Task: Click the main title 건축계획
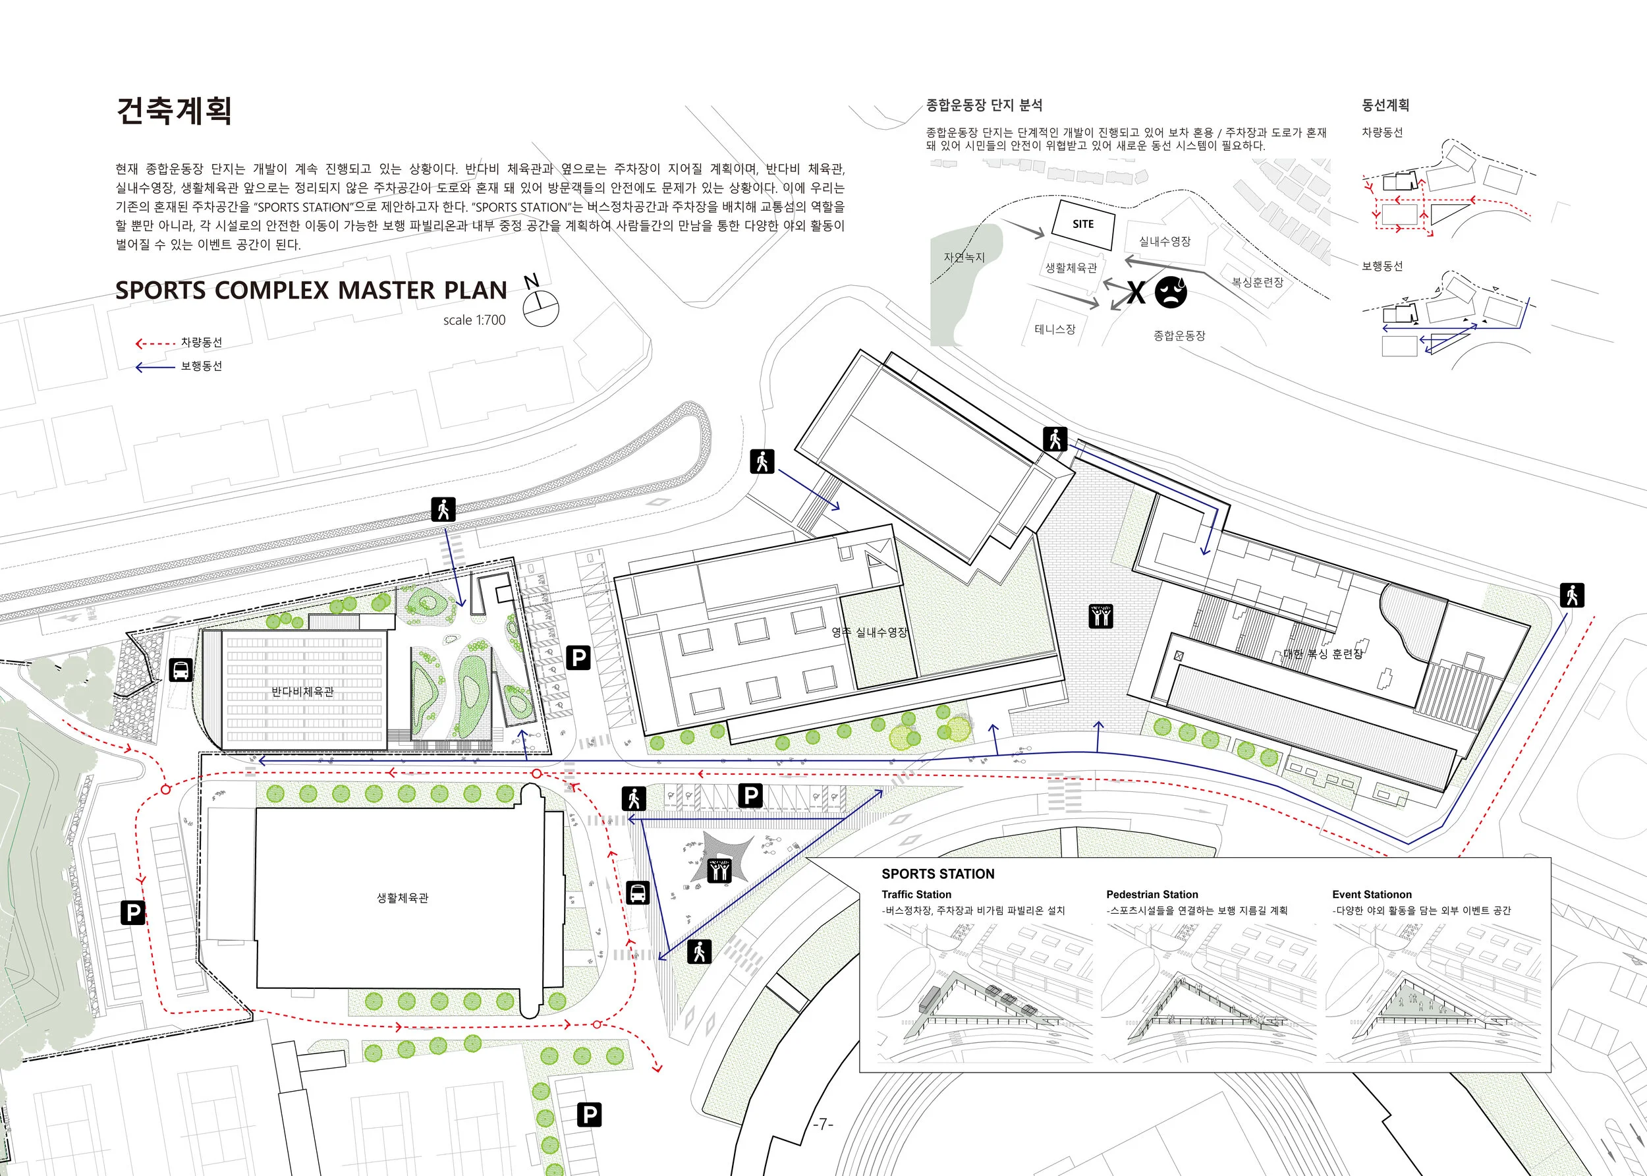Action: [174, 111]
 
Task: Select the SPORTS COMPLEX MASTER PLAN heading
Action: [312, 291]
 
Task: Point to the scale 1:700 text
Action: [474, 320]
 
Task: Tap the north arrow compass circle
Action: [542, 308]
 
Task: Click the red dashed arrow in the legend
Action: [155, 343]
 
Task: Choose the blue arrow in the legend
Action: [155, 367]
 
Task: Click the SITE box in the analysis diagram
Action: [1082, 225]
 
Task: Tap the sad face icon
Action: [1171, 292]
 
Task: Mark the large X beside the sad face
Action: [1136, 293]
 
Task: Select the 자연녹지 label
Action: [964, 257]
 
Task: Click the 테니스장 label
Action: [1055, 329]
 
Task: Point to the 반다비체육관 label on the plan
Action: [302, 692]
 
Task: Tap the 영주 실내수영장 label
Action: [869, 632]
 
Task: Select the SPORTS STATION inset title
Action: [937, 874]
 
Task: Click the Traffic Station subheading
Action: [916, 894]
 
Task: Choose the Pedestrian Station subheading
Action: [1151, 894]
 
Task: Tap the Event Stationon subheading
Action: [1371, 894]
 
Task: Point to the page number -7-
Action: [822, 1124]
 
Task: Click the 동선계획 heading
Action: [1385, 105]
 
